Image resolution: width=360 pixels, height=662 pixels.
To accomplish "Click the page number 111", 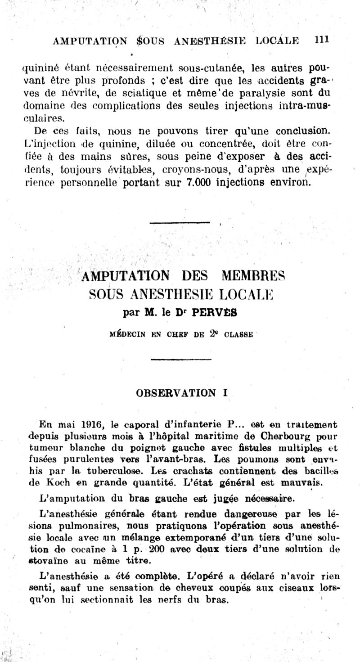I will click(322, 39).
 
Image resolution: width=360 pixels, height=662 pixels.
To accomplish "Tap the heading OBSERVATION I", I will click(182, 392).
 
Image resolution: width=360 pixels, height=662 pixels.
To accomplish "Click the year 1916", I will click(94, 423).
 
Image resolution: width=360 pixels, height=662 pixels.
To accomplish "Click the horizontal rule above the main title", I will click(180, 222).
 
